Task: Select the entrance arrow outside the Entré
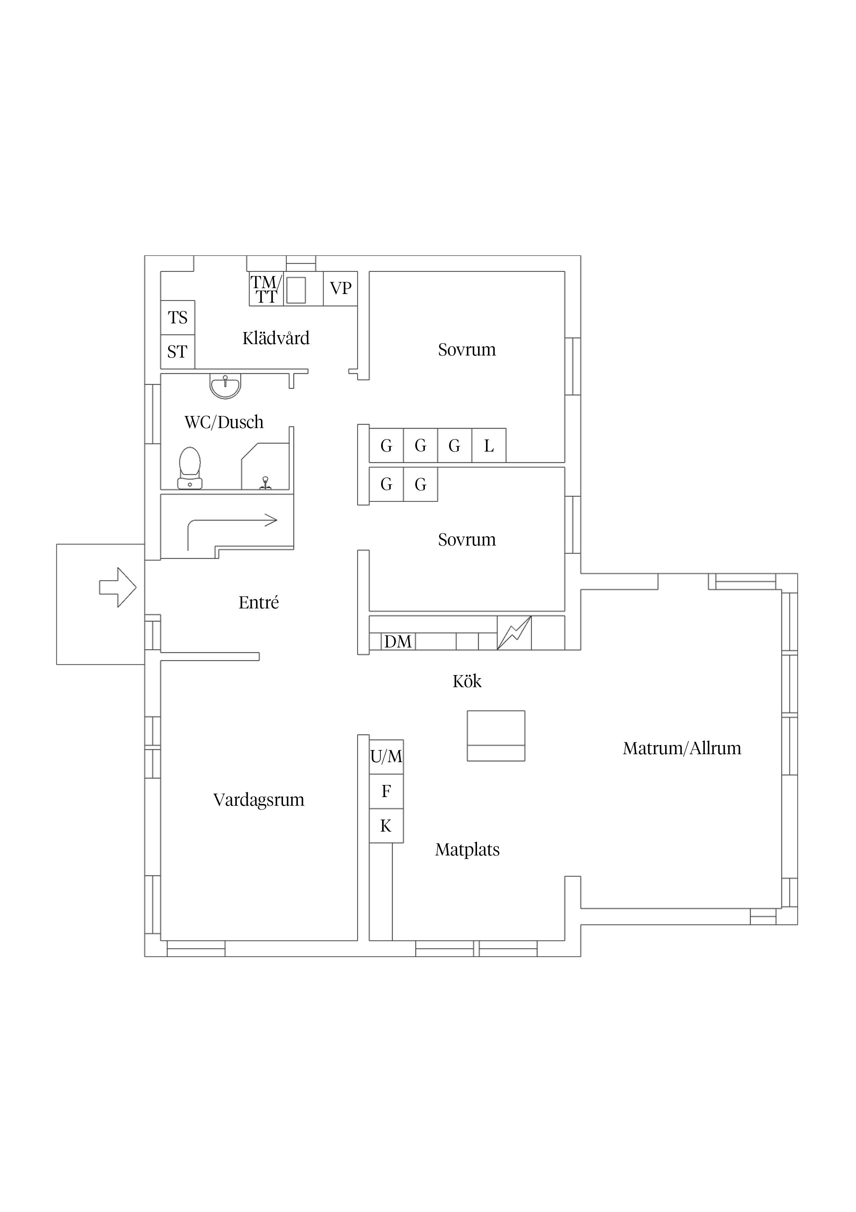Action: (118, 587)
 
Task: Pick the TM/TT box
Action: (266, 289)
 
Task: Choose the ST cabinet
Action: (178, 352)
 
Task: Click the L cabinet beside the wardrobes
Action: (489, 446)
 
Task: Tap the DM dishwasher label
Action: (398, 641)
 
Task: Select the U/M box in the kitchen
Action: (386, 756)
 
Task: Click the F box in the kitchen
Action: (386, 791)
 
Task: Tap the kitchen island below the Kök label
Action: (496, 736)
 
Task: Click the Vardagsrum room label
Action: (259, 800)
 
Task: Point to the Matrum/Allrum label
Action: (682, 748)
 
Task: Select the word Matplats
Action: (467, 849)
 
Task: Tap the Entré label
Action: (259, 602)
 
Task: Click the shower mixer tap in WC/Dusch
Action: (265, 483)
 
